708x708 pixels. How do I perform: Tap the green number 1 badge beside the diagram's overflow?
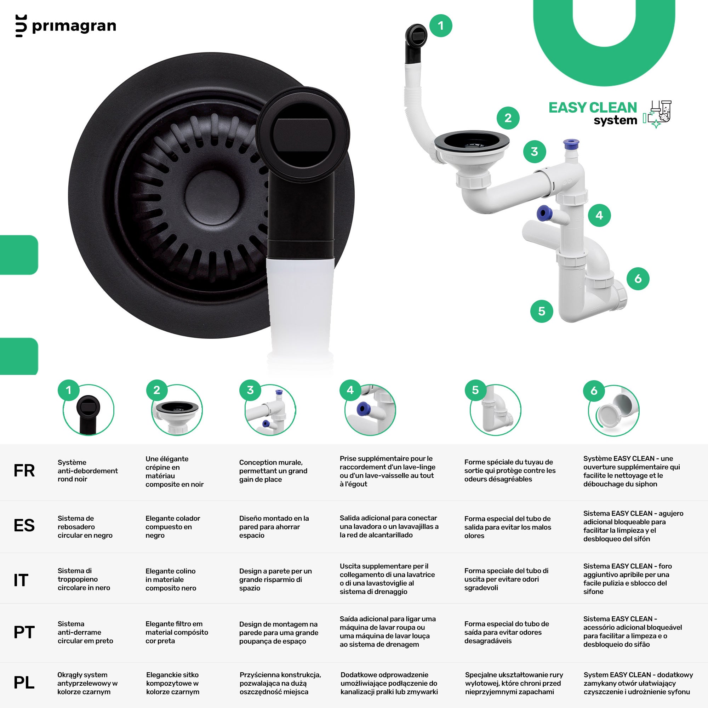[441, 25]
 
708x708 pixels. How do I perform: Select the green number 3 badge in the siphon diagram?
[534, 152]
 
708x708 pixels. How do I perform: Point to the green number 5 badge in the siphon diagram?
[542, 311]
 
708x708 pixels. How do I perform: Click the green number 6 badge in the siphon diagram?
[638, 279]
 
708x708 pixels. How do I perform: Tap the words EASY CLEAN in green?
[593, 108]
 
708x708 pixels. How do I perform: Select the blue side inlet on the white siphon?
[544, 213]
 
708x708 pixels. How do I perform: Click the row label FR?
[24, 471]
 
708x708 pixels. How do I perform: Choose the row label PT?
[24, 632]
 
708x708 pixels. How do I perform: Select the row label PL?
[24, 683]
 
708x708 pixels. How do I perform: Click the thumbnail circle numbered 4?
[370, 410]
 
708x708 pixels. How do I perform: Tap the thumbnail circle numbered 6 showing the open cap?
[614, 410]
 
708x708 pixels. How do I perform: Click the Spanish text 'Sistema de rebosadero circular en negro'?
[85, 527]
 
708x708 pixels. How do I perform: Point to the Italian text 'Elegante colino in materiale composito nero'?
[171, 579]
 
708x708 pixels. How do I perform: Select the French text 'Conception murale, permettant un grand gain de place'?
[273, 471]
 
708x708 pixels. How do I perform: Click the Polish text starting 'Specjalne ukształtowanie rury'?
[514, 683]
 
